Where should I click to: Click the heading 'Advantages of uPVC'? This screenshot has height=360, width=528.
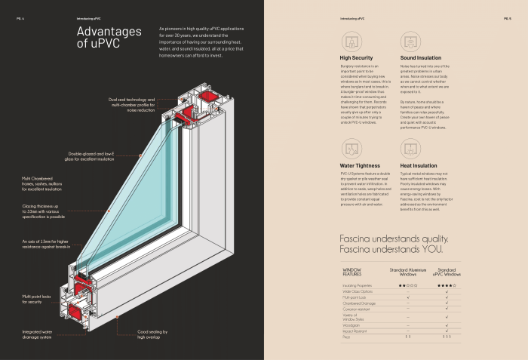click(x=109, y=37)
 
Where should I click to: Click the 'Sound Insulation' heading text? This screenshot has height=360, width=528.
click(x=422, y=57)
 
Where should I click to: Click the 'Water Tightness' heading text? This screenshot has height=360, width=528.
click(x=358, y=165)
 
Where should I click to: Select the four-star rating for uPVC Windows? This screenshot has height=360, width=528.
click(x=447, y=285)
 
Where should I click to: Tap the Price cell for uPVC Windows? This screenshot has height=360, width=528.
click(x=447, y=337)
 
